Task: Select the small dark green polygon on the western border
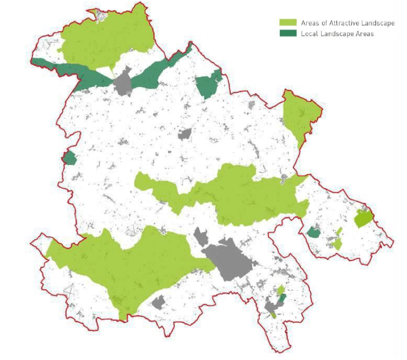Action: click(x=69, y=158)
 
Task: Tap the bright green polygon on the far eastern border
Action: click(x=363, y=218)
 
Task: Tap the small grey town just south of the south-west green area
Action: click(x=158, y=302)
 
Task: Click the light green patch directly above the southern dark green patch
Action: click(x=280, y=290)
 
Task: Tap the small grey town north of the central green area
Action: click(x=185, y=134)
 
